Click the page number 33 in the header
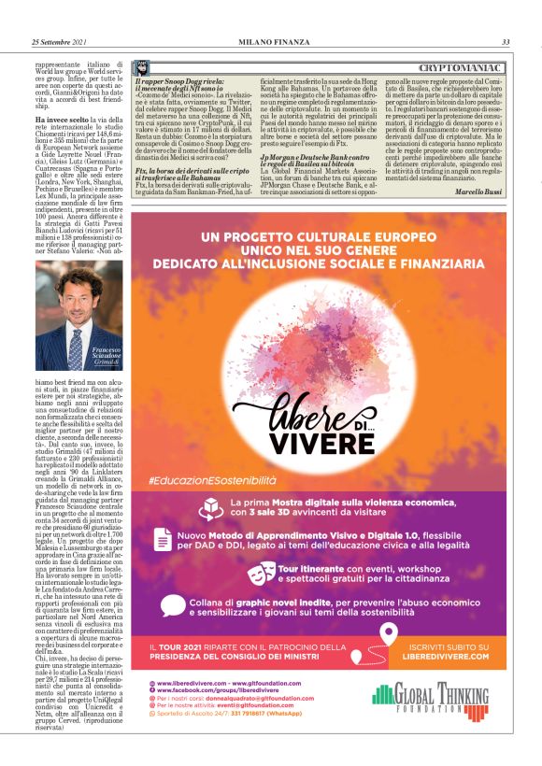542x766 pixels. (505, 42)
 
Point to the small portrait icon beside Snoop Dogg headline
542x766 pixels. (141, 70)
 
